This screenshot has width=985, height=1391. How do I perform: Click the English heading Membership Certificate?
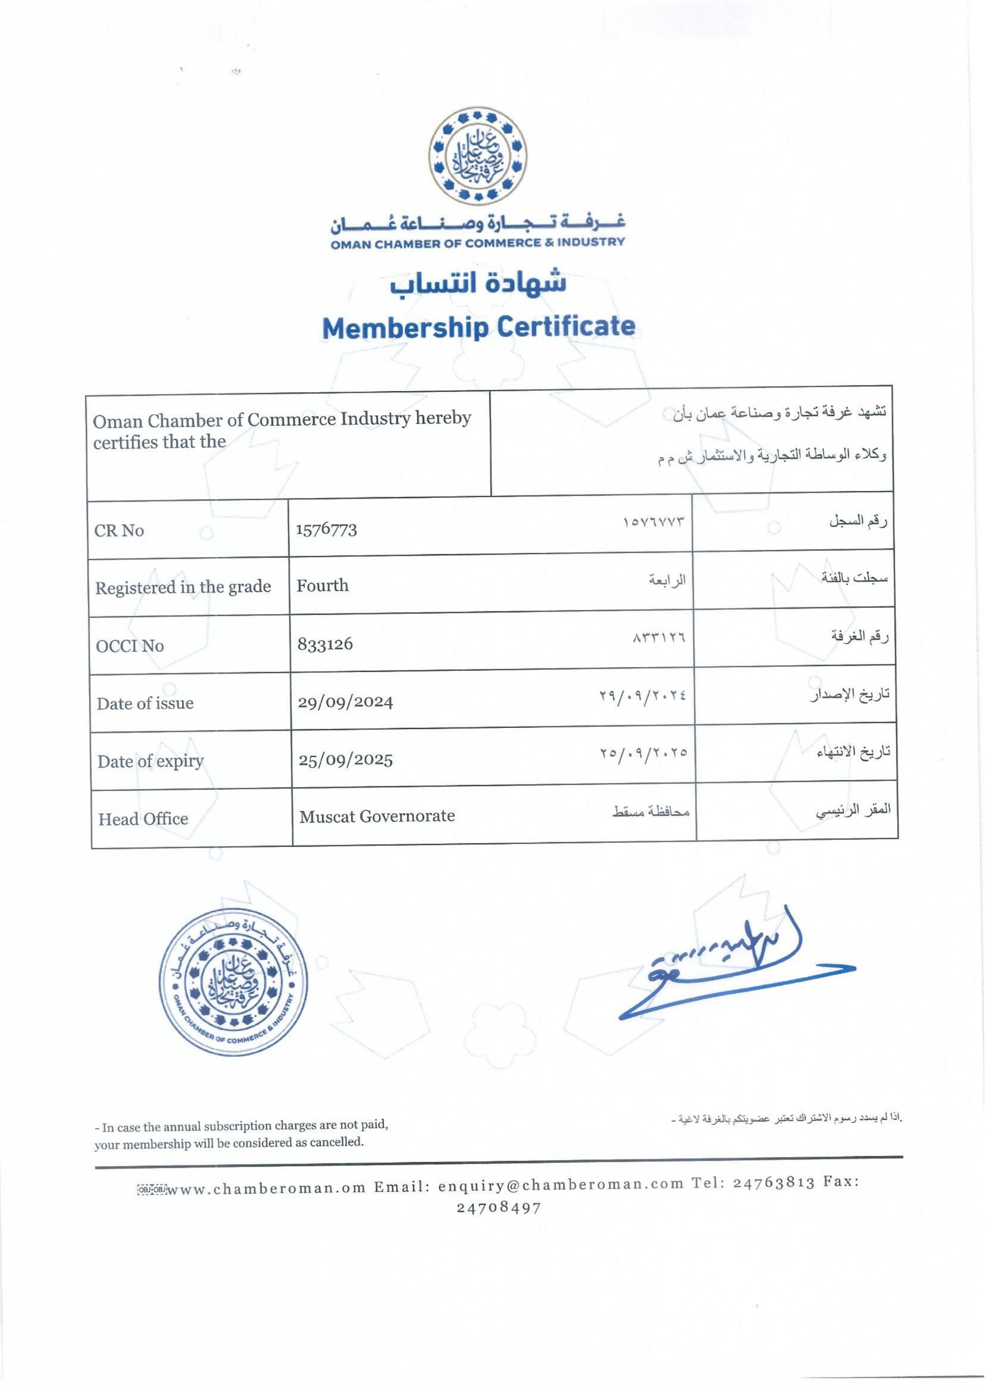coord(479,327)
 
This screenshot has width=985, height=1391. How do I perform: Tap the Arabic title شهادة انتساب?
coord(478,284)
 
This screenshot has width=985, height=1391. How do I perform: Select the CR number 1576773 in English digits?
coord(327,529)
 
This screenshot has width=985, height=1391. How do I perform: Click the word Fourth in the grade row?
coord(323,586)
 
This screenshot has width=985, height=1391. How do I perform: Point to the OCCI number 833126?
coord(325,644)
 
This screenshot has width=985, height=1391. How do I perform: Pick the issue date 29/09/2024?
coord(346,702)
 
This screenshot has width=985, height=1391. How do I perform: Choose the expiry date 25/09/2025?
coord(346,759)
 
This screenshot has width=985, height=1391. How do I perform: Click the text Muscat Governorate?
coord(377,816)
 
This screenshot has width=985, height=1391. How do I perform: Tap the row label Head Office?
coord(143,819)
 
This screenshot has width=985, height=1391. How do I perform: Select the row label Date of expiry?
coord(150,761)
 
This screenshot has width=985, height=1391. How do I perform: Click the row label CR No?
coord(119,530)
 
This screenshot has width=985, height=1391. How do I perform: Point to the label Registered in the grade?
coord(183,587)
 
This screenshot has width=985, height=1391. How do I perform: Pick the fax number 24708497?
coord(498,1207)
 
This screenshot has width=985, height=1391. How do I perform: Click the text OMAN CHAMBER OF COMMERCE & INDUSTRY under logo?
coord(477,243)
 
